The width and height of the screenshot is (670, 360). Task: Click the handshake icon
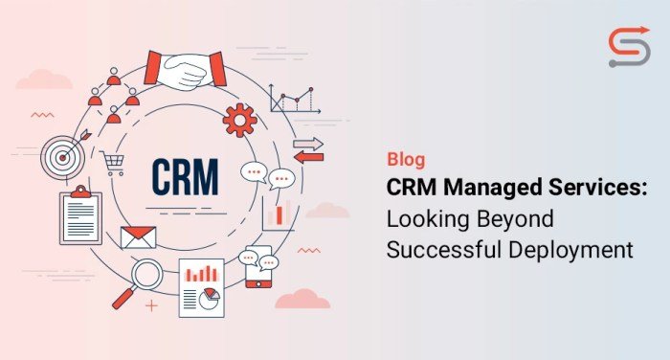click(185, 69)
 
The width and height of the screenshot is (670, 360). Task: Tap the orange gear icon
click(238, 121)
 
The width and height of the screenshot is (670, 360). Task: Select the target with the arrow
click(62, 154)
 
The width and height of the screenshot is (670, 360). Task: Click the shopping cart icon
click(114, 165)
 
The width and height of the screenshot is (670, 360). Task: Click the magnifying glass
click(144, 279)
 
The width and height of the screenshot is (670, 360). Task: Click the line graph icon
click(292, 99)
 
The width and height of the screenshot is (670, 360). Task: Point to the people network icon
click(113, 91)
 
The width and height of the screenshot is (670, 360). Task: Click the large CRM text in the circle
click(185, 175)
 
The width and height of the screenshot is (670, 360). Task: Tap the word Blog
click(406, 160)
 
